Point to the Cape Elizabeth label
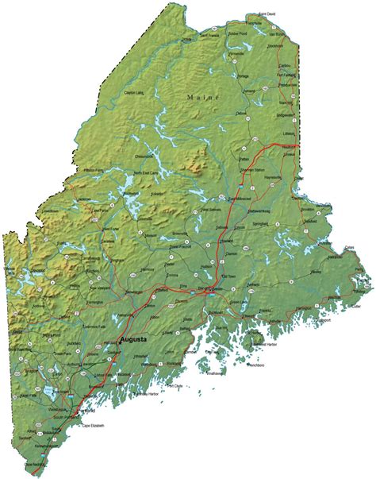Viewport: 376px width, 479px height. pos(93,425)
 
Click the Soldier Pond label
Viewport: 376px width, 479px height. pos(238,35)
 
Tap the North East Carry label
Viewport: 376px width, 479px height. pos(147,173)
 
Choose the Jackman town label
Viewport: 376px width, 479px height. pos(86,199)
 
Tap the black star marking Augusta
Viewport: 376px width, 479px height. pos(120,339)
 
